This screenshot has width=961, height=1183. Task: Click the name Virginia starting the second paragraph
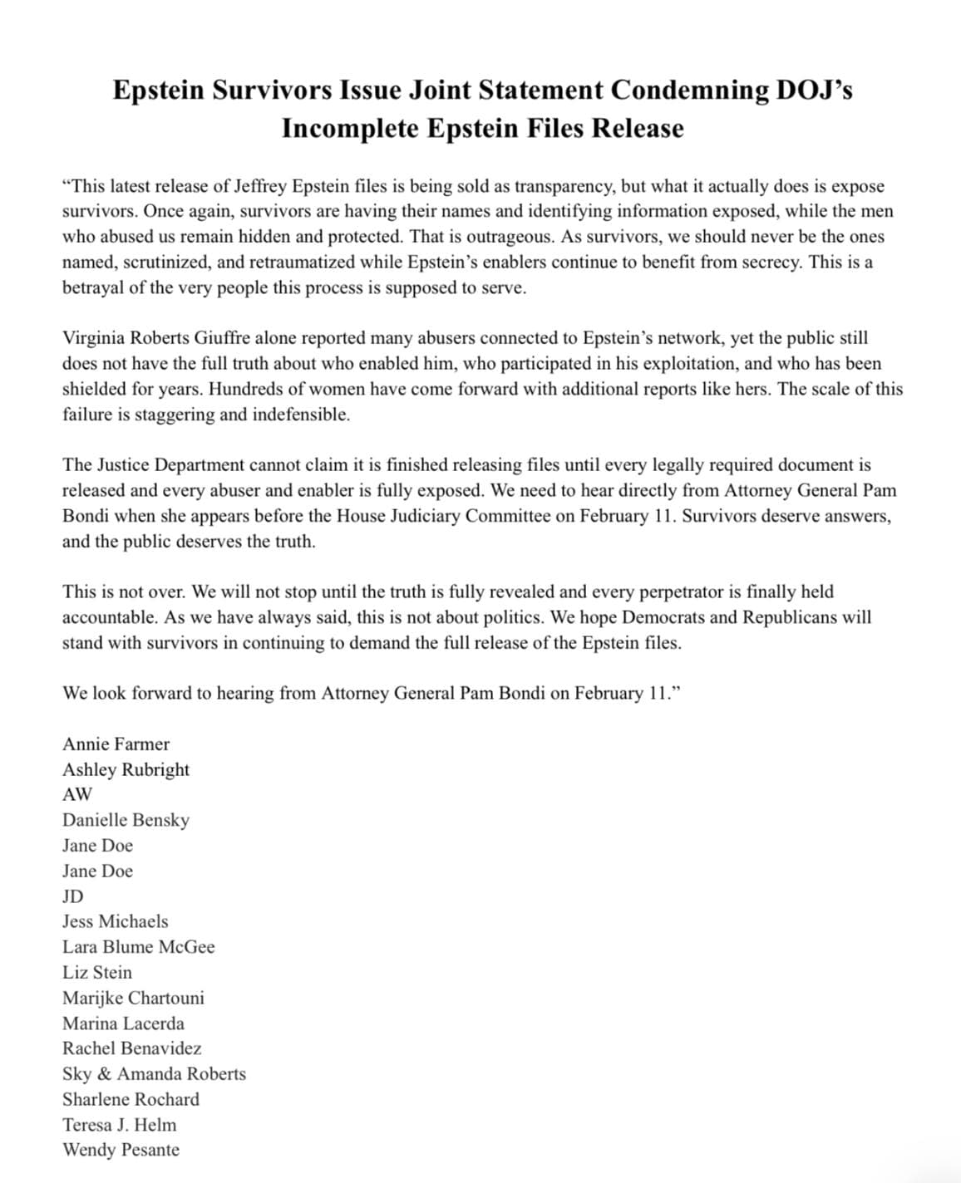(91, 338)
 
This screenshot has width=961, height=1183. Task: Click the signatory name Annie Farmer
(116, 744)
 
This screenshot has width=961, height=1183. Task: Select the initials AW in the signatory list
(77, 794)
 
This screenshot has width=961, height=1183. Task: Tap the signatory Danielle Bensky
(126, 820)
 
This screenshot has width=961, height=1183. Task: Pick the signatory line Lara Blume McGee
(138, 947)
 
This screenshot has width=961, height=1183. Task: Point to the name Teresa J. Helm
(119, 1125)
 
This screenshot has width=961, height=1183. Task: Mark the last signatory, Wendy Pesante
(121, 1150)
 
